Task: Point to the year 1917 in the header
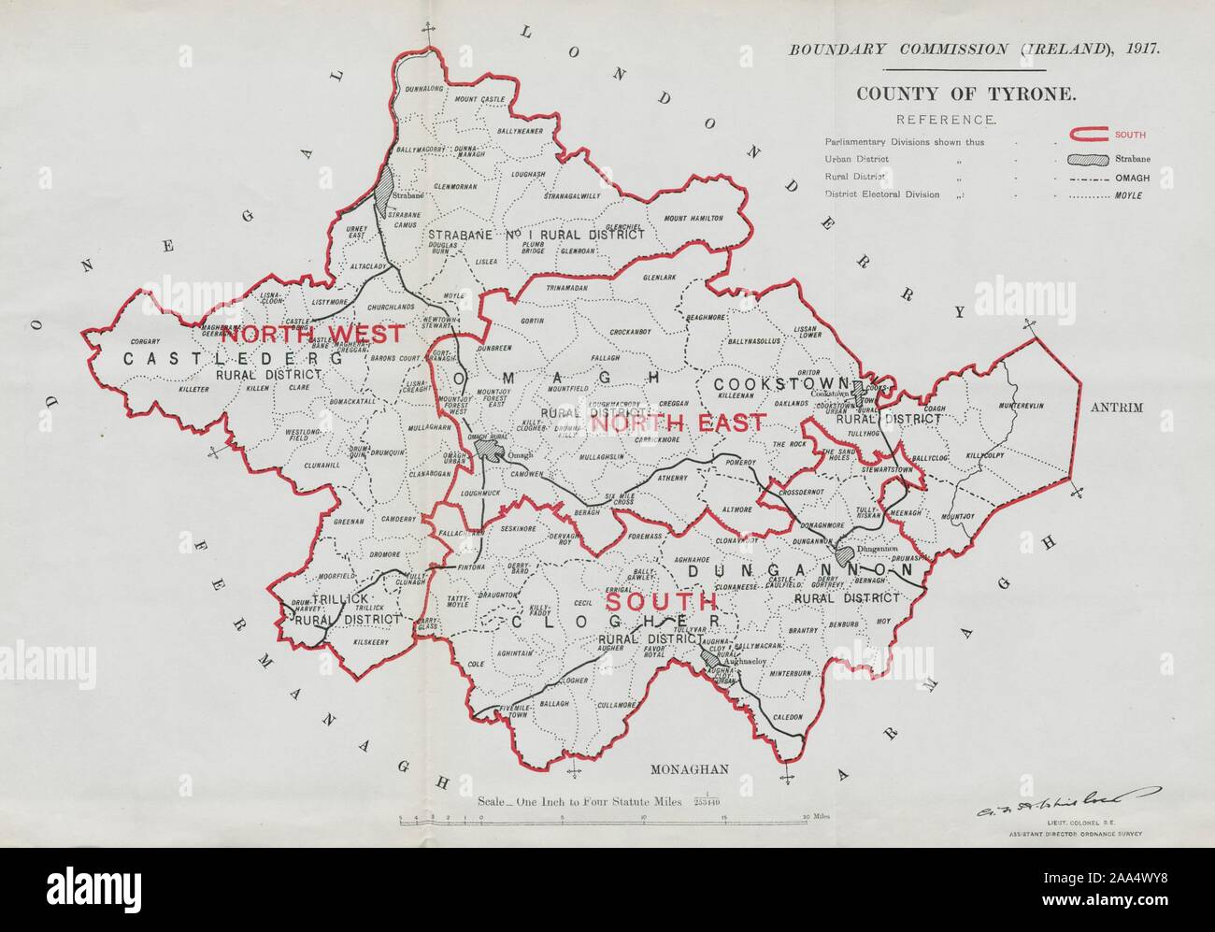coord(1137,49)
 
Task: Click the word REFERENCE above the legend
coord(946,120)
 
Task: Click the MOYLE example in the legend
coord(1129,194)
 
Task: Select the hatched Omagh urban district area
coord(488,450)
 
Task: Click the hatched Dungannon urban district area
coord(846,555)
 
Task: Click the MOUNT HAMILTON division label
coord(693,218)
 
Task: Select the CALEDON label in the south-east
coord(787,716)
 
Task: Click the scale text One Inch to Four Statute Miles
coord(580,801)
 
